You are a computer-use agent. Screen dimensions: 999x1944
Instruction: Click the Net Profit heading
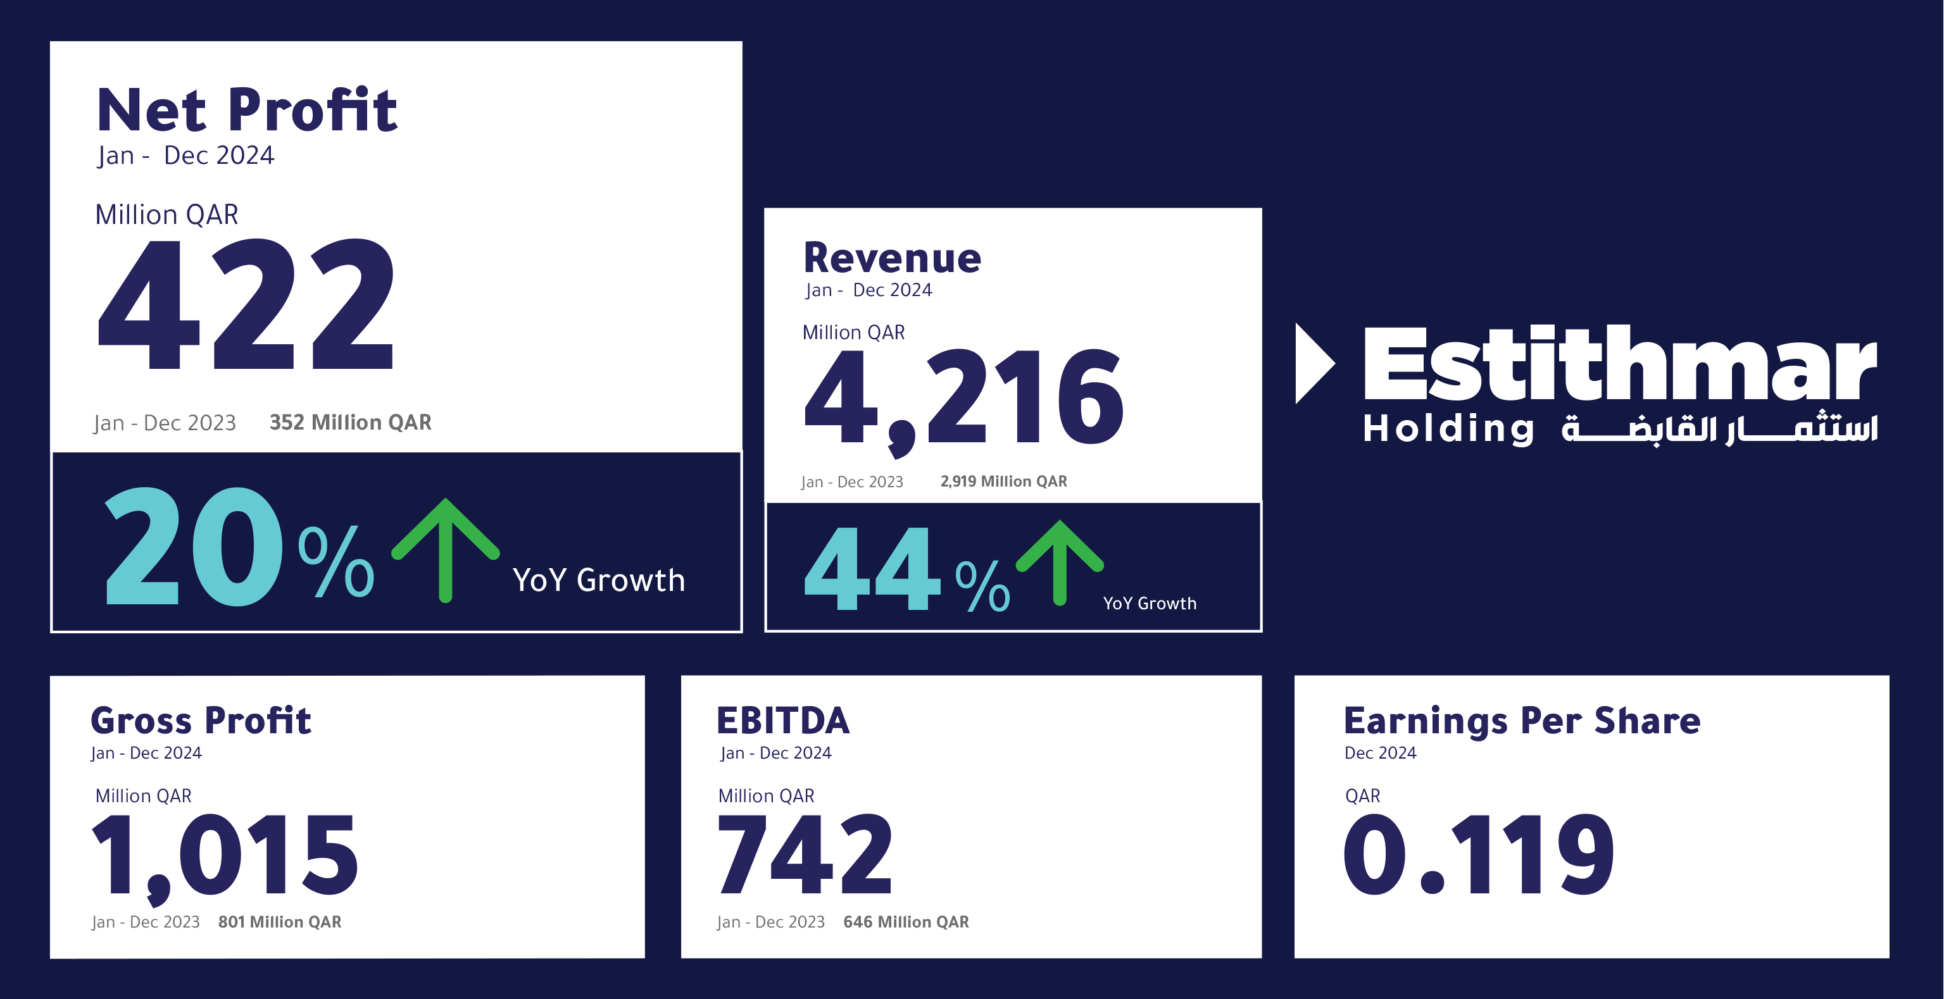pyautogui.click(x=247, y=110)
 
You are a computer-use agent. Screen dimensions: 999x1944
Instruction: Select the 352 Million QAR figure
pyautogui.click(x=350, y=423)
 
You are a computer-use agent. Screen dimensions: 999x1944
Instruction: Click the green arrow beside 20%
pyautogui.click(x=445, y=549)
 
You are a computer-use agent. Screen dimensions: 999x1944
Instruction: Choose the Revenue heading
pyautogui.click(x=892, y=258)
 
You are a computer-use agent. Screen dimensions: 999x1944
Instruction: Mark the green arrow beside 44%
pyautogui.click(x=1060, y=562)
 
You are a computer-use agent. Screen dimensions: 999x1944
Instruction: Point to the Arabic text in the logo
pyautogui.click(x=1719, y=428)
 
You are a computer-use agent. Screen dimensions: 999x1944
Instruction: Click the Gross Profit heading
pyautogui.click(x=201, y=721)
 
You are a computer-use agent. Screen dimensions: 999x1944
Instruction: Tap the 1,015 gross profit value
pyautogui.click(x=225, y=857)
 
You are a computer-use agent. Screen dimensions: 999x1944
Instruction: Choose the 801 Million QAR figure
pyautogui.click(x=279, y=922)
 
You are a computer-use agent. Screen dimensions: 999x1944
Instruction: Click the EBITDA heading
pyautogui.click(x=782, y=721)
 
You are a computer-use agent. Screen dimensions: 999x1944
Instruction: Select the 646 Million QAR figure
pyautogui.click(x=906, y=922)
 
